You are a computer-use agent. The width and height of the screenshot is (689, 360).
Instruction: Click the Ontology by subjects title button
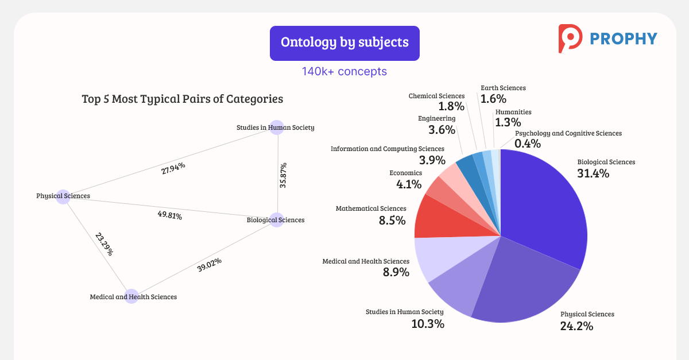click(344, 43)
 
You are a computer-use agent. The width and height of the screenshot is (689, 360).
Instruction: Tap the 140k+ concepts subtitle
click(344, 71)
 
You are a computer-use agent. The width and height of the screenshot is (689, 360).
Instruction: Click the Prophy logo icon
click(570, 38)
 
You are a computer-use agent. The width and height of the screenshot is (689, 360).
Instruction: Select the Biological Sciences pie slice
click(545, 207)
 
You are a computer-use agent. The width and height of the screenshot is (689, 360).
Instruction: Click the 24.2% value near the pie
click(576, 326)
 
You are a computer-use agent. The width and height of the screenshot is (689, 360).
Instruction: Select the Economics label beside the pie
click(405, 173)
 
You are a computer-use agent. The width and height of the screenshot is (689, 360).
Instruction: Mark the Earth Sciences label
click(503, 88)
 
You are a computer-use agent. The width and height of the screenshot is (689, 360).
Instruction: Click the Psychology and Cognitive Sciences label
click(568, 133)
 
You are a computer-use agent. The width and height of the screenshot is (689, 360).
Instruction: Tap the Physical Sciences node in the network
click(63, 196)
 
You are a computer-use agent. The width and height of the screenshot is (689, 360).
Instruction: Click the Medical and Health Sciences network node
click(131, 296)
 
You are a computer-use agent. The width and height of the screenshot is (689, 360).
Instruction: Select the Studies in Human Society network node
click(277, 127)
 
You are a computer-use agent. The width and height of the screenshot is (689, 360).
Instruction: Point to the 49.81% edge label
click(170, 216)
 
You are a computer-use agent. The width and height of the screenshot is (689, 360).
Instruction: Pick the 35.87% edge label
click(283, 175)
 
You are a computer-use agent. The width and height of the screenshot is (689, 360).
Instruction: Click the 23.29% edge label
click(104, 243)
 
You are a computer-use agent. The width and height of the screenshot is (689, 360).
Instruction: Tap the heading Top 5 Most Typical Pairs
click(183, 99)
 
